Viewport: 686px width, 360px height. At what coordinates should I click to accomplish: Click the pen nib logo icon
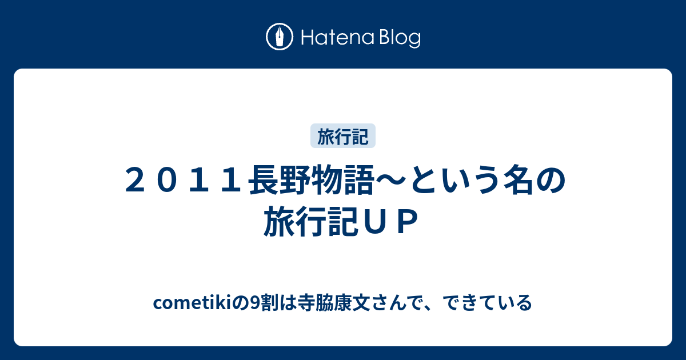tap(280, 37)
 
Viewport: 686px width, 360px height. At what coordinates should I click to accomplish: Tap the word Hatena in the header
tap(338, 38)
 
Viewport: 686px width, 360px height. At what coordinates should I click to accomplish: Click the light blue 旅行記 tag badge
tap(343, 136)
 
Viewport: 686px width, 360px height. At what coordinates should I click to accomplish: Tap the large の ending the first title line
tap(551, 181)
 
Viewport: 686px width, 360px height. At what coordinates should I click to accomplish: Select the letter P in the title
tap(407, 221)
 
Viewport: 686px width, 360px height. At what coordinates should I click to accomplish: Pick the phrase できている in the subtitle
tap(487, 303)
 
